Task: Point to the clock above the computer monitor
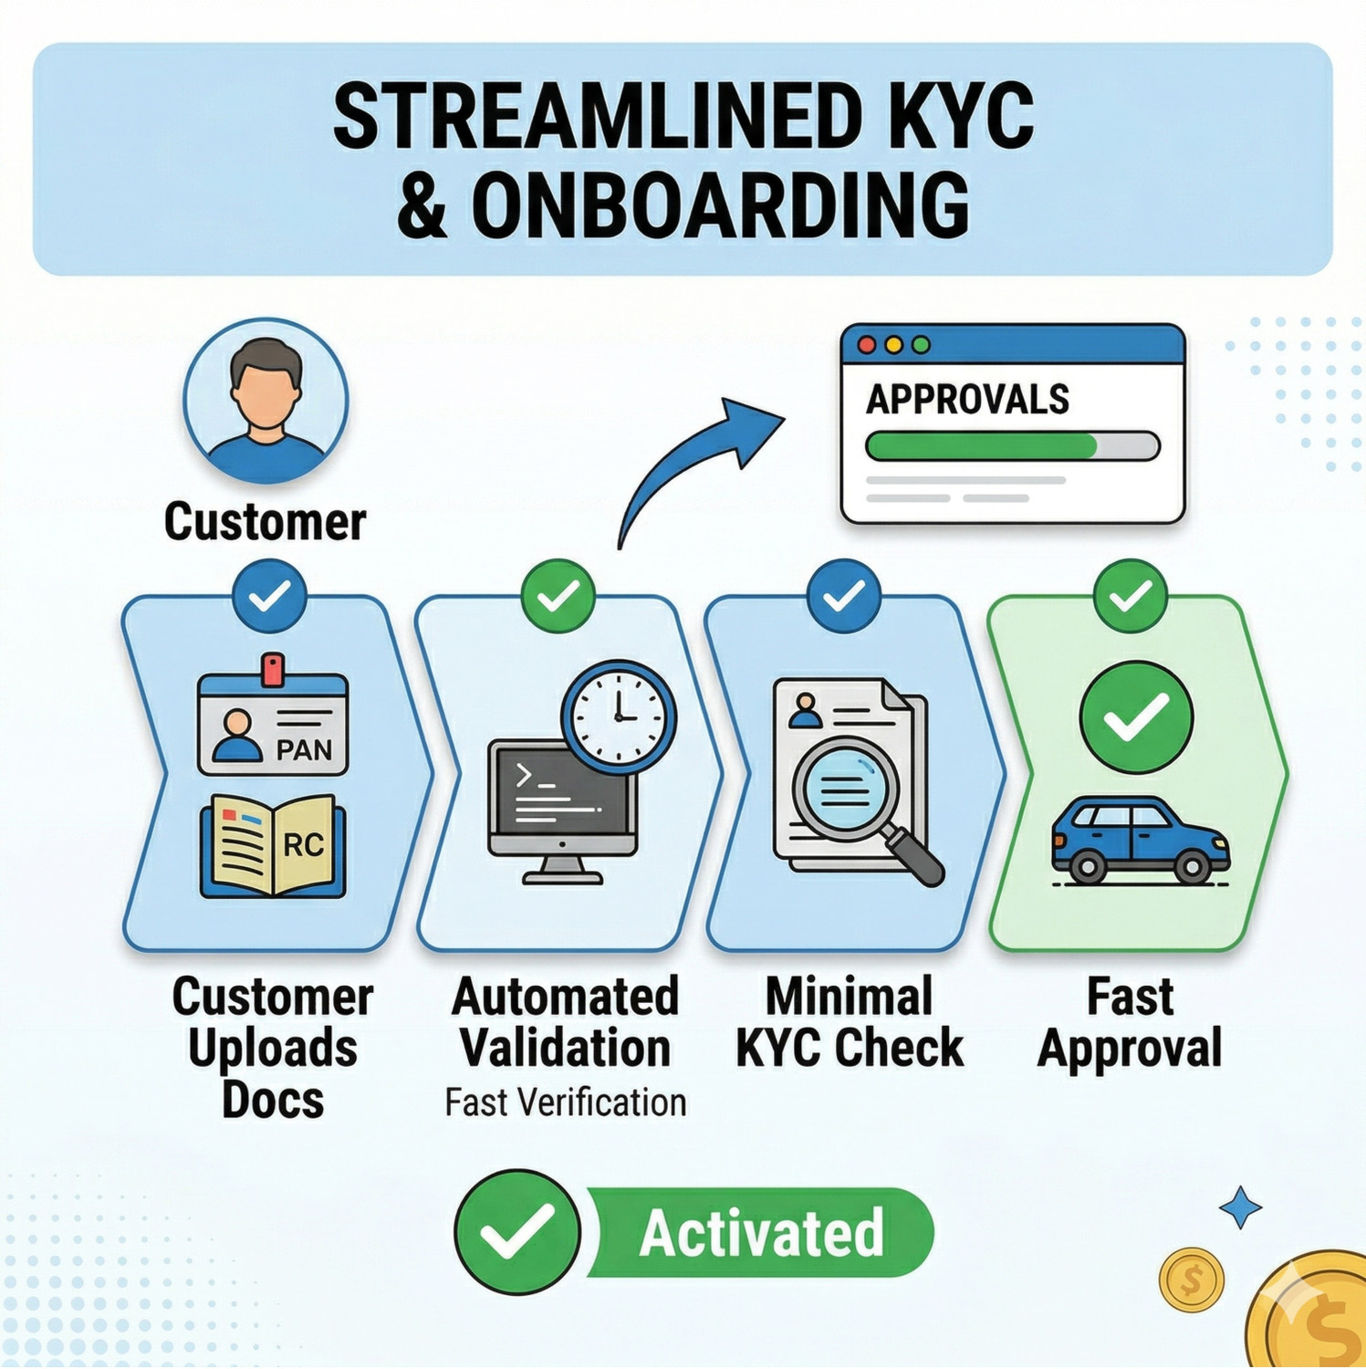coord(619,716)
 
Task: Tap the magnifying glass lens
coord(845,786)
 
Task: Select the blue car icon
coord(1141,841)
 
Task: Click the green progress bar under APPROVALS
coord(981,446)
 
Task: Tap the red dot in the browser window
coord(867,345)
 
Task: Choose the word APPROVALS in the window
coord(967,400)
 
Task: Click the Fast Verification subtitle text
coord(566,1103)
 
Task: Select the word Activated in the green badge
coord(762,1233)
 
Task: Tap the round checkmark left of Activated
coord(517,1232)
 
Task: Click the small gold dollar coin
coord(1191,1280)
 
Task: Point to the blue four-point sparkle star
coord(1241,1207)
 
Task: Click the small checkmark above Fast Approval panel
coord(1131,596)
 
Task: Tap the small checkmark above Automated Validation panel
coord(558,596)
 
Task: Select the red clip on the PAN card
coord(272,669)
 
